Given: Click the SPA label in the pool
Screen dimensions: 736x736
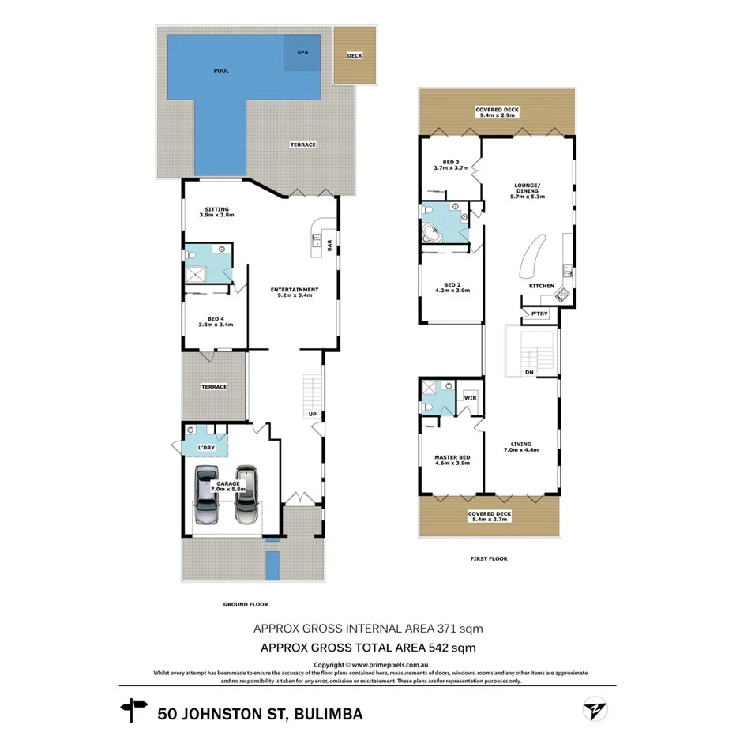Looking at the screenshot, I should click(x=302, y=52).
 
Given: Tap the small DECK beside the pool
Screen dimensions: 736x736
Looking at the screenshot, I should click(x=353, y=56).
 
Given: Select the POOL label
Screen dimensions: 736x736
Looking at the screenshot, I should click(x=221, y=71).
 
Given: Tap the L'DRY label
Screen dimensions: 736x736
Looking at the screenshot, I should click(x=206, y=449).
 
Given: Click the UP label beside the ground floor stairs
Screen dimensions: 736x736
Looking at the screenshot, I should click(x=313, y=414).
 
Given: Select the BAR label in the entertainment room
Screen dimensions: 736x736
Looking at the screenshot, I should click(x=329, y=246).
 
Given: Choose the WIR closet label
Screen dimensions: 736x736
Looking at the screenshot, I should click(x=470, y=397).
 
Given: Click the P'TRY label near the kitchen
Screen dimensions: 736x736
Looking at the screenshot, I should click(x=540, y=314).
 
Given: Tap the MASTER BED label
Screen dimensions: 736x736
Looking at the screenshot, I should click(x=452, y=458).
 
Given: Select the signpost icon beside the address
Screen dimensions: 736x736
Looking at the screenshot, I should click(x=133, y=710).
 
